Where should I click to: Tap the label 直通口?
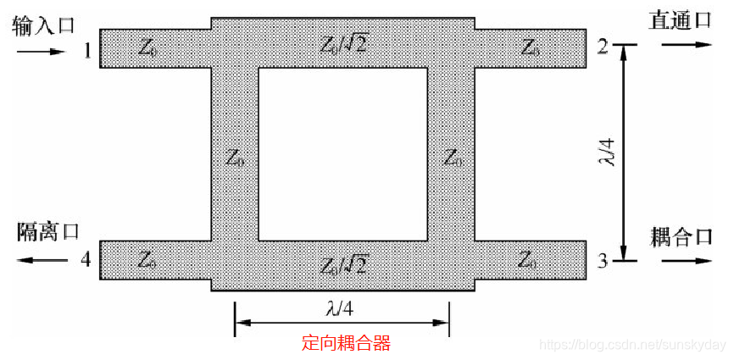[679, 21]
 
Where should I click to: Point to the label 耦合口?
[680, 235]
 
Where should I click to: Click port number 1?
[87, 50]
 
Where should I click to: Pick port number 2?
[602, 47]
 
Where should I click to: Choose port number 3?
[602, 261]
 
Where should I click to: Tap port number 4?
[85, 259]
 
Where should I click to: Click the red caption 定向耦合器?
[346, 343]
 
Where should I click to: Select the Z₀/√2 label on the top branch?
[343, 45]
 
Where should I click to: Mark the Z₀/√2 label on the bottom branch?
[343, 265]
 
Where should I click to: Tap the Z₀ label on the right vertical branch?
[454, 158]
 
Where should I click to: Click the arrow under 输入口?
[40, 52]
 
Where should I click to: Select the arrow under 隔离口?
[42, 259]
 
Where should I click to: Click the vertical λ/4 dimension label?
[605, 153]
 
